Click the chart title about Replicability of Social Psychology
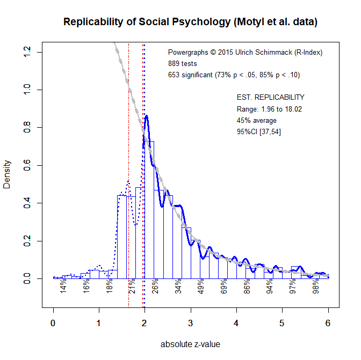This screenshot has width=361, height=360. (190, 22)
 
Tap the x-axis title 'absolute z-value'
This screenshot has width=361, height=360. (190, 344)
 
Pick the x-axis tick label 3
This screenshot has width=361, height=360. (190, 323)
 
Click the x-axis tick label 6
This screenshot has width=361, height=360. (328, 323)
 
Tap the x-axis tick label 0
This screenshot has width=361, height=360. (53, 323)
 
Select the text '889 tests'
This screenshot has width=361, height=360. (182, 64)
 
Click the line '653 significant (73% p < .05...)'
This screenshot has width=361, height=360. (234, 75)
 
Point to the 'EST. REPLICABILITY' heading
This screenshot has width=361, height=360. (271, 98)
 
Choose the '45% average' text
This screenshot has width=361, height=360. (257, 121)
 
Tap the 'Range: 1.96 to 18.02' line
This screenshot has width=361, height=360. (269, 109)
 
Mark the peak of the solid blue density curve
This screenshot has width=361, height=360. (146, 116)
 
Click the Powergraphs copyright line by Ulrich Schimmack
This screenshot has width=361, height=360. (245, 53)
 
